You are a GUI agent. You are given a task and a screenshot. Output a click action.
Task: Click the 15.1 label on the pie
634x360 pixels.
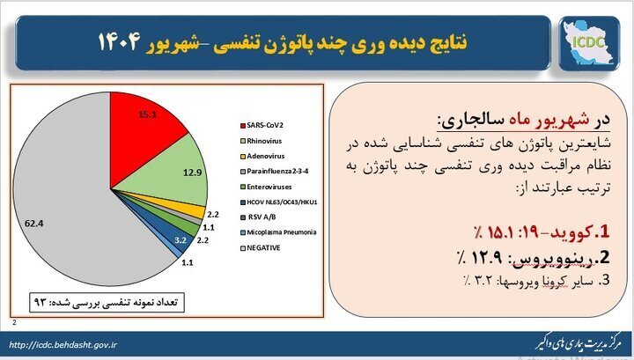pyautogui.click(x=147, y=114)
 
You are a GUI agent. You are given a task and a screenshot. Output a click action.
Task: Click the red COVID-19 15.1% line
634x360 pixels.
pyautogui.click(x=542, y=232)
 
